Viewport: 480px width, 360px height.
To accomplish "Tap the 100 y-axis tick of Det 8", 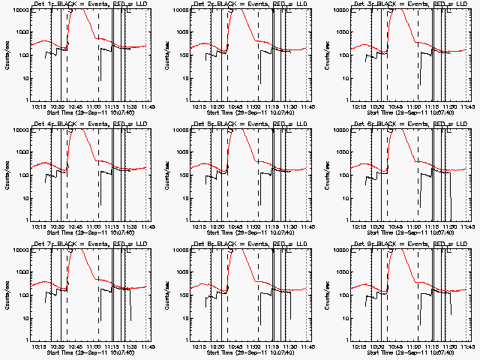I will click(x=181, y=295).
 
